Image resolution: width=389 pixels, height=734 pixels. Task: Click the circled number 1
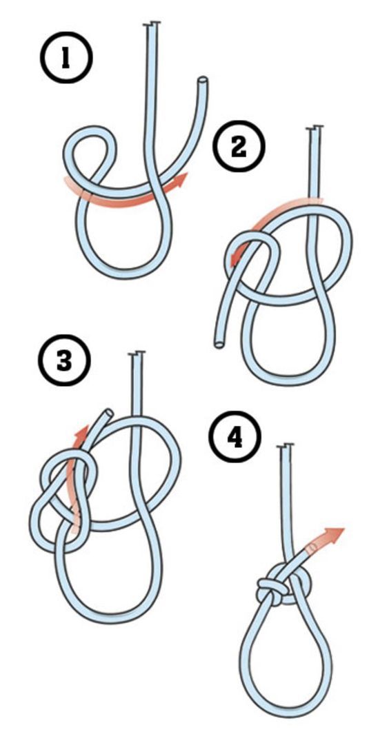point(66,58)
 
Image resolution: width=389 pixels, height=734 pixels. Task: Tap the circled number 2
point(239,147)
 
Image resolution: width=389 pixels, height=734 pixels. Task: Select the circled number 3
point(64,360)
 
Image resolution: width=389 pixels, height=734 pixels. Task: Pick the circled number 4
point(235,437)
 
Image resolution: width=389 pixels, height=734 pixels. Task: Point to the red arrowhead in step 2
point(236,257)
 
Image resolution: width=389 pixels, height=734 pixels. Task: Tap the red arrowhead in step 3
point(83,431)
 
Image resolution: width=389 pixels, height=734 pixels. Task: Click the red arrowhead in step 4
point(336,533)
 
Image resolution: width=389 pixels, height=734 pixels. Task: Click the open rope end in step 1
point(203,80)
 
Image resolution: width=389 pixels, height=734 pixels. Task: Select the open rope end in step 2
point(219,345)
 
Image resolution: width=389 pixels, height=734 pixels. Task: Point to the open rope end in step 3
point(108,412)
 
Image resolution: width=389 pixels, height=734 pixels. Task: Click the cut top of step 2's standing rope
point(315,128)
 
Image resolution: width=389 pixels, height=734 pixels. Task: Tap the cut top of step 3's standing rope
point(137,353)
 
